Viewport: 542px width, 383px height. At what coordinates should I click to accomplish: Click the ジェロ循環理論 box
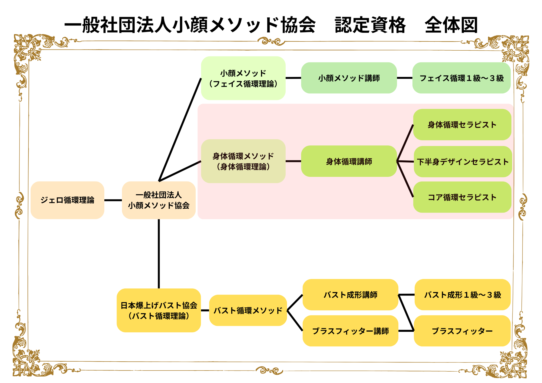(x=67, y=200)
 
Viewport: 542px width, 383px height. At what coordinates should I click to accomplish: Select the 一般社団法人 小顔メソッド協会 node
(x=159, y=200)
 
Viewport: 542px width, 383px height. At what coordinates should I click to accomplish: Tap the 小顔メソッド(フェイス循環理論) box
(x=243, y=78)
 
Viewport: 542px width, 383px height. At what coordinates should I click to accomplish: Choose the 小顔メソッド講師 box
(x=349, y=78)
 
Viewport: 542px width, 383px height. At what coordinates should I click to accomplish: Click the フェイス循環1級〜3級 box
(x=461, y=78)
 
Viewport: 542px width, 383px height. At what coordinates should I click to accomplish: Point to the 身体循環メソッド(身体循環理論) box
(x=243, y=161)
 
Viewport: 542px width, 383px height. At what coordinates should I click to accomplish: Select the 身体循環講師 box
(x=349, y=161)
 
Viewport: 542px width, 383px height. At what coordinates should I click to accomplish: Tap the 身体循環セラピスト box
(x=462, y=125)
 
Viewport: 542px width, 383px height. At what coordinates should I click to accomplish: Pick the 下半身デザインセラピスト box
(x=463, y=162)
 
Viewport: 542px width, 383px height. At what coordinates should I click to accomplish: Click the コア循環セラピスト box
(x=462, y=197)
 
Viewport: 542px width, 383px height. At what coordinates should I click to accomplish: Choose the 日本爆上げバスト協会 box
(x=159, y=310)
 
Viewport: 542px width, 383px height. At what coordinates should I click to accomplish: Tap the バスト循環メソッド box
(x=248, y=310)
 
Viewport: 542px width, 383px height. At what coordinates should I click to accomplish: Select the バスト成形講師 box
(x=350, y=295)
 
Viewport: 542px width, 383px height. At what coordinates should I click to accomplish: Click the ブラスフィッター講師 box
(x=350, y=331)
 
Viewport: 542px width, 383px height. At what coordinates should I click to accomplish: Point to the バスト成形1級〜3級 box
(x=462, y=295)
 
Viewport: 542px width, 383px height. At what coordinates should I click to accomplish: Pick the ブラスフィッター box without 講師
(x=462, y=331)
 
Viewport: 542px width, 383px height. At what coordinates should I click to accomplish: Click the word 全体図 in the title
(x=451, y=25)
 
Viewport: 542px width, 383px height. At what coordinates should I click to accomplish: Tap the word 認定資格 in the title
(x=370, y=25)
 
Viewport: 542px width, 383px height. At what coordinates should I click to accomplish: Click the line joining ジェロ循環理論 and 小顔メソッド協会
(x=113, y=200)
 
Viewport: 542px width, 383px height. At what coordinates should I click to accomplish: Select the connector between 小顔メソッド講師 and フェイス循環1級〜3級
(x=405, y=78)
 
